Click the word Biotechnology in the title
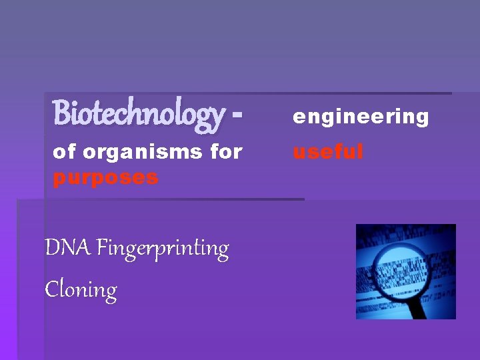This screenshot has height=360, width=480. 139,113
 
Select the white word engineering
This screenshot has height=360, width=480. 361,117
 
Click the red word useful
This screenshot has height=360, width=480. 328,152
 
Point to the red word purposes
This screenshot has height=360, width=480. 105,178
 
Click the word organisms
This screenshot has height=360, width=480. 143,152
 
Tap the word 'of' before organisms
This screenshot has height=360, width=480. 64,152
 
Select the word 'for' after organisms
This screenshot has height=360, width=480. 226,152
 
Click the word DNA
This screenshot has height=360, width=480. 68,248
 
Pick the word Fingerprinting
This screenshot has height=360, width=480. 163,249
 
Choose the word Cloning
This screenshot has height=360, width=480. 81,290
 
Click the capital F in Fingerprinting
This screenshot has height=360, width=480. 102,248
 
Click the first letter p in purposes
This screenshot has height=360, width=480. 59,179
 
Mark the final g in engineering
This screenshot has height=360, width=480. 421,119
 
